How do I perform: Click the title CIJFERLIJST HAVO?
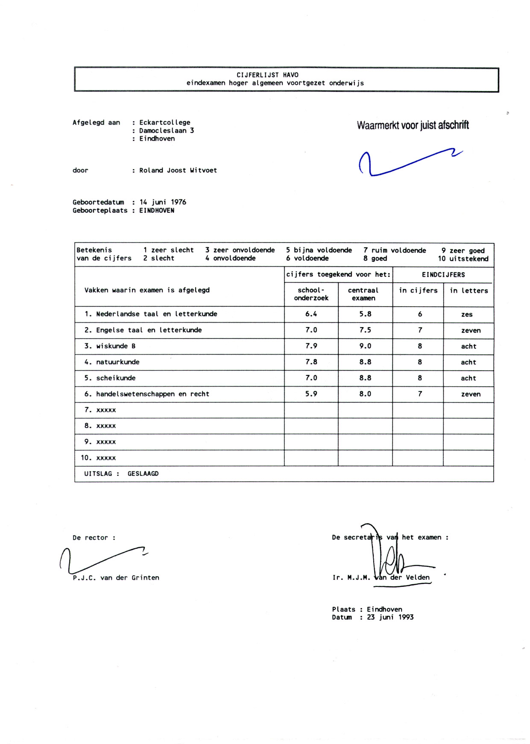[x=267, y=75]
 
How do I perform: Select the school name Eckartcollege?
[x=164, y=123]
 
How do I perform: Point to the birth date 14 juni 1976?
[x=163, y=202]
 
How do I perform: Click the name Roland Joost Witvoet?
[x=178, y=170]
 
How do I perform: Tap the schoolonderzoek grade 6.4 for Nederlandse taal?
[x=311, y=314]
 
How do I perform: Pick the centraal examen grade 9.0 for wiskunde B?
[x=365, y=346]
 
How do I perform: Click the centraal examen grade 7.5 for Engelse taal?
[x=365, y=330]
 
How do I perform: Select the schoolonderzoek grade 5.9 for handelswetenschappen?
[x=311, y=394]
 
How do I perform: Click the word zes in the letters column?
[x=467, y=314]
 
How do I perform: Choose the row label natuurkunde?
[x=117, y=362]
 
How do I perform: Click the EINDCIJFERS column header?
[x=443, y=275]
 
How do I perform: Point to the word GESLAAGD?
[x=143, y=474]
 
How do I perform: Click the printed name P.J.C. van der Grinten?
[x=116, y=578]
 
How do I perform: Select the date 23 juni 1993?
[x=390, y=617]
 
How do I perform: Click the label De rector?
[x=94, y=538]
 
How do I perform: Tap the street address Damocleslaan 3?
[x=167, y=131]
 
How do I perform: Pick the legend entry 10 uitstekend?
[x=463, y=258]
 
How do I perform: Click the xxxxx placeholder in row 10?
[x=106, y=458]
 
